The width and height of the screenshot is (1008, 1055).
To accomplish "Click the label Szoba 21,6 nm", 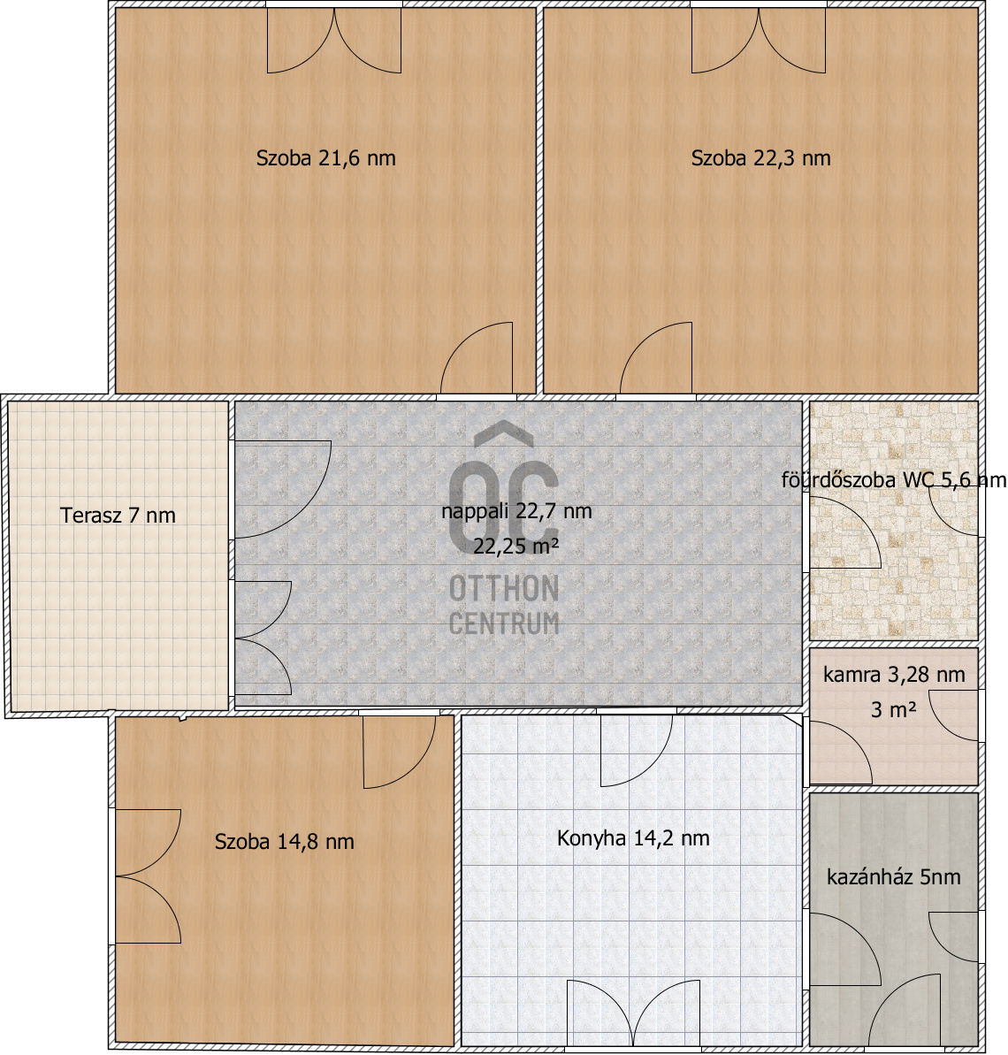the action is point(325,158).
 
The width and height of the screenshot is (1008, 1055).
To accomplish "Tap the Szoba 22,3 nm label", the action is point(760,158).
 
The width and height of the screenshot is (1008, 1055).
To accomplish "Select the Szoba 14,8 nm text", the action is point(284,842).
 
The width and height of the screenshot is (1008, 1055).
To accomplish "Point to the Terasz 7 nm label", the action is point(118,516).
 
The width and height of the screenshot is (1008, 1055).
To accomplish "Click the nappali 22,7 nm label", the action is point(516,511).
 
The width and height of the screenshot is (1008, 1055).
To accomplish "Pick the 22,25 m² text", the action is point(515,546).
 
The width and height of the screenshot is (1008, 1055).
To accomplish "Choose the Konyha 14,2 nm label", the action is point(633,838).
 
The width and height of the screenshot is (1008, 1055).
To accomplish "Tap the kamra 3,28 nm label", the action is point(894,674).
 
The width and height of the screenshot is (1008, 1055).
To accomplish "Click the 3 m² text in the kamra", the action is point(893,709).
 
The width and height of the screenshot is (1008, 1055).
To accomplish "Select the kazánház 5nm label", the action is point(893,877).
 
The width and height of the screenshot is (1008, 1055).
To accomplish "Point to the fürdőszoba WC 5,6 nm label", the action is point(894,479).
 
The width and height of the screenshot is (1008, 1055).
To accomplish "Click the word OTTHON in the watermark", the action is point(504,589).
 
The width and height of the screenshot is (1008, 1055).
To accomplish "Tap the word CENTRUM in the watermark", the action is point(504,623).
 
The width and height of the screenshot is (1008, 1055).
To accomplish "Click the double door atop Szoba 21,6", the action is point(334,41).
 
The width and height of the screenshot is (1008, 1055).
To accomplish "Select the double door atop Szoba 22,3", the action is point(759,41).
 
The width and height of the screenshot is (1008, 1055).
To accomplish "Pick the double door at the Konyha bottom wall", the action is point(633,1013).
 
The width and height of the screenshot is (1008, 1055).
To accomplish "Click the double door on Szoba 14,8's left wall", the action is point(148,876).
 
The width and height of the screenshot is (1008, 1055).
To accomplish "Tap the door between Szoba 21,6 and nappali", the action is point(477,358).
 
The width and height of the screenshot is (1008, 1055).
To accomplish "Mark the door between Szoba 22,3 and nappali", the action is point(655,358).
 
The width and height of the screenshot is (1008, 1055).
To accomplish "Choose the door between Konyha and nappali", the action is point(636,750).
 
